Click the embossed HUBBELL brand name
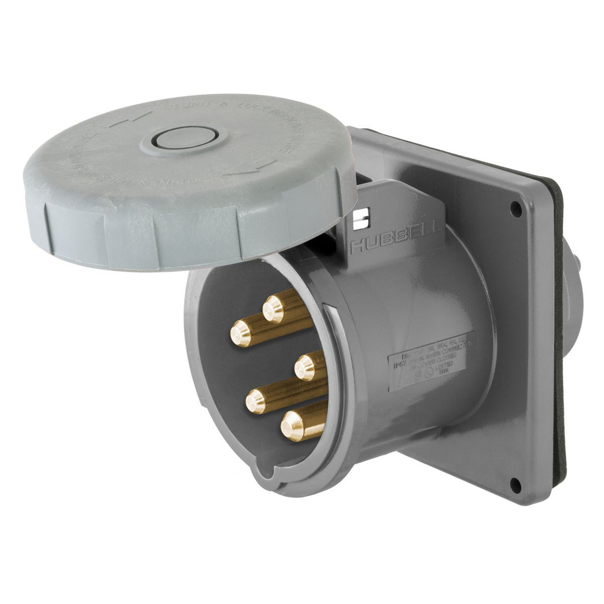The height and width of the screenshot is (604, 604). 395,239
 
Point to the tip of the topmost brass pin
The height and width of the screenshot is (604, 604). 273,309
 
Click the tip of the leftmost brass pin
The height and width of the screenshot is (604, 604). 241,334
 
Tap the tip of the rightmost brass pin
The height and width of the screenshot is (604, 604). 305,368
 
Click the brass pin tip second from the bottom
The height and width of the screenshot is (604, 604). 256,400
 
